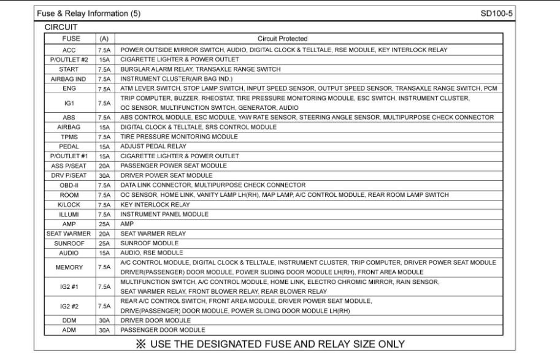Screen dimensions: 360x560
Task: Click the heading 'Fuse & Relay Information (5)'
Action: point(88,13)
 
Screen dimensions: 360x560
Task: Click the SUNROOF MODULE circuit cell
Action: point(144,243)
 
